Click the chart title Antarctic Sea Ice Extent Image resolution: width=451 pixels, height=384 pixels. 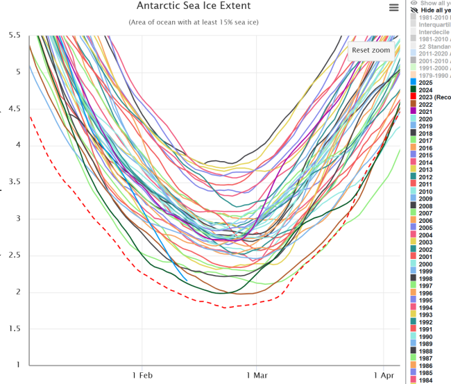(194, 6)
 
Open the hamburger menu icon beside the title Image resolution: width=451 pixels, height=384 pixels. (394, 8)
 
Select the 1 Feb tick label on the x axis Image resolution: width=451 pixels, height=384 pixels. (142, 375)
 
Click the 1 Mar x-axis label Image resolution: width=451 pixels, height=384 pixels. (256, 375)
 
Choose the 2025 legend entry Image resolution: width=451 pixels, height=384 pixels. (425, 82)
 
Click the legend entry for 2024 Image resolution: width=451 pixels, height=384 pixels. (425, 90)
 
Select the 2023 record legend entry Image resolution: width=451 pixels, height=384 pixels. (430, 97)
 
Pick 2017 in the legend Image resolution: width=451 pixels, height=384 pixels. (425, 140)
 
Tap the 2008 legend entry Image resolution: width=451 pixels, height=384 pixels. (425, 206)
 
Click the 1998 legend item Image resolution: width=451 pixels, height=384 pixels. (425, 278)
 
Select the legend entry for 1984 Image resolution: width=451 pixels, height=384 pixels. (425, 380)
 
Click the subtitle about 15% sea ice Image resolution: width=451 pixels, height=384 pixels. (194, 22)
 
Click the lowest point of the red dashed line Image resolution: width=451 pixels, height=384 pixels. (225, 307)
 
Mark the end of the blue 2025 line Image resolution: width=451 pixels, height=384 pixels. (186, 281)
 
